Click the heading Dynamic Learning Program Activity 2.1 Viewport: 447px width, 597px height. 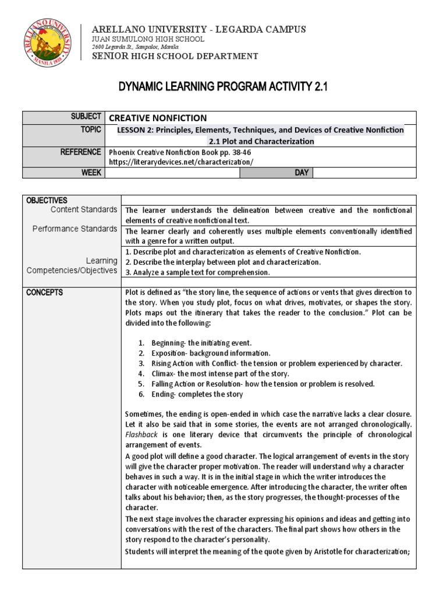click(x=223, y=87)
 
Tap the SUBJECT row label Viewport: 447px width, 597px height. click(x=86, y=117)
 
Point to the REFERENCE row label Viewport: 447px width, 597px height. click(x=80, y=152)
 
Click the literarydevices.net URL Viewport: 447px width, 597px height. click(x=182, y=161)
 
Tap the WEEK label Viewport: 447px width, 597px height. click(x=92, y=173)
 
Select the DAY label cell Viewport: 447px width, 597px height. click(x=303, y=173)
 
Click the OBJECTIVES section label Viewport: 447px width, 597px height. click(x=47, y=200)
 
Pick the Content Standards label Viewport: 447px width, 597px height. click(x=83, y=209)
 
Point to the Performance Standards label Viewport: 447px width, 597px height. click(x=74, y=229)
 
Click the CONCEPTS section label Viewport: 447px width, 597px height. click(x=44, y=292)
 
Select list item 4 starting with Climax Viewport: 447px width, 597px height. click(x=220, y=373)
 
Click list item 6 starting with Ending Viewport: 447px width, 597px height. click(x=197, y=394)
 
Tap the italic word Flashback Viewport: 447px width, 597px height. click(x=140, y=435)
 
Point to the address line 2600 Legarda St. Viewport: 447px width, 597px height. click(x=139, y=47)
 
